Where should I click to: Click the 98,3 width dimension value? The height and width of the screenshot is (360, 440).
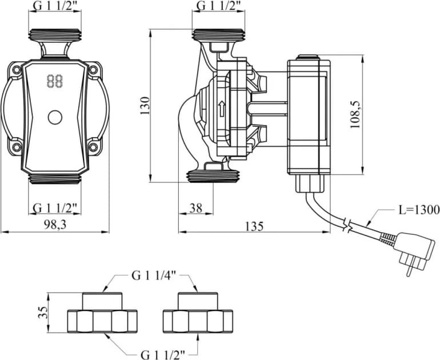[55, 225]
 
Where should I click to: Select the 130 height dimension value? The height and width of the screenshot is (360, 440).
[145, 106]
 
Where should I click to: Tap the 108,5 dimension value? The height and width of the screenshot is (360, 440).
[355, 114]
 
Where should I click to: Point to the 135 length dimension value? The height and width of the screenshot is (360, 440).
[255, 226]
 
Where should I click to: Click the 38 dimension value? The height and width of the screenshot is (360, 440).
[196, 208]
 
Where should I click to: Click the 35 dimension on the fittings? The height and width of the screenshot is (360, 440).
[42, 312]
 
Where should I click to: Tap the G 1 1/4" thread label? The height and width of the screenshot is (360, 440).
[154, 276]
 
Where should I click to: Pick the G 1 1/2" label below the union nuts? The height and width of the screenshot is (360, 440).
[163, 355]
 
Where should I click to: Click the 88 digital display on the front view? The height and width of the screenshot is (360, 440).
[55, 81]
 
